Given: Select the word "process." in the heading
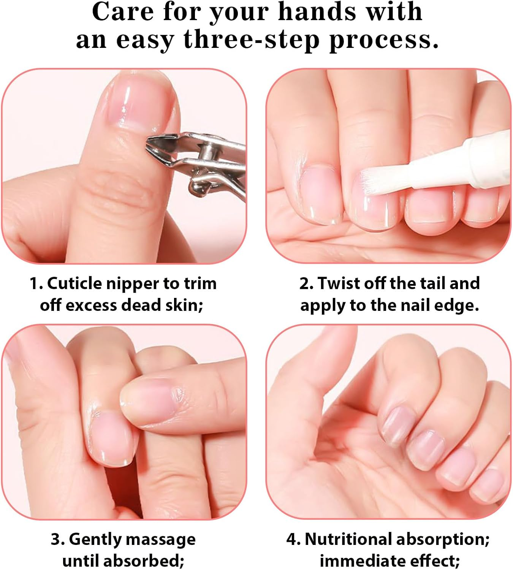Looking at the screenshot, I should (384, 40).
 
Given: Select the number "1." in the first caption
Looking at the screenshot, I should (36, 283).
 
